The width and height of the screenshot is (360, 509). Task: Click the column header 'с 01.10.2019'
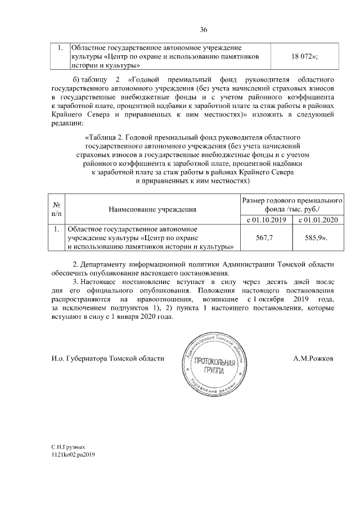(x=264, y=219)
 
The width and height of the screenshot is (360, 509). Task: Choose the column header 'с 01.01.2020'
(x=317, y=219)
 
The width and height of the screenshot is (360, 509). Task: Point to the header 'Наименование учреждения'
(x=152, y=210)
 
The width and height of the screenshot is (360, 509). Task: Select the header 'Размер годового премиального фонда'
(x=291, y=205)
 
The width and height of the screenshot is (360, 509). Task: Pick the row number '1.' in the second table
(x=56, y=229)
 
